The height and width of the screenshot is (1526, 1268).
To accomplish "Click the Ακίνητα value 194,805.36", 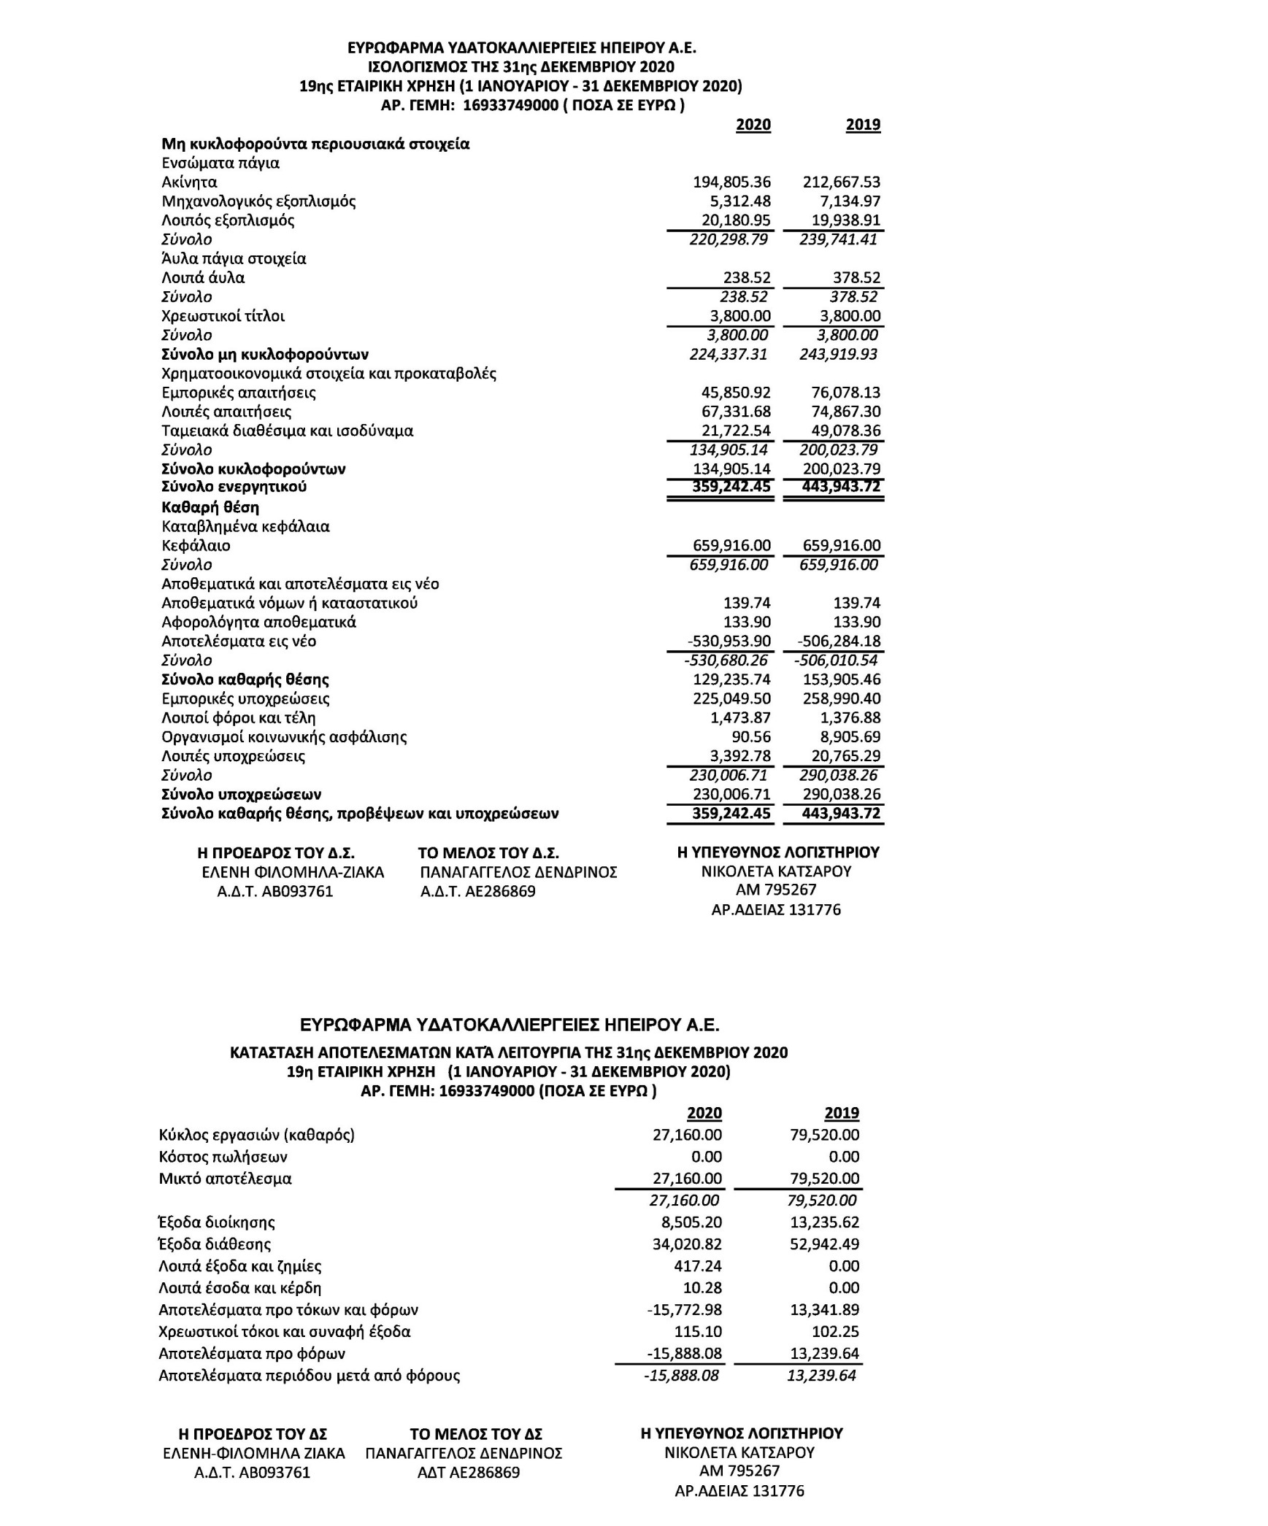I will (731, 182).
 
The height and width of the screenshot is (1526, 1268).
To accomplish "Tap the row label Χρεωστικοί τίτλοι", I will (223, 316).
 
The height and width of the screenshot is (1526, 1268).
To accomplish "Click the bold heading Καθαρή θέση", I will (210, 507).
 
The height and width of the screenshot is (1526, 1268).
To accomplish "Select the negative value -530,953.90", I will (729, 641).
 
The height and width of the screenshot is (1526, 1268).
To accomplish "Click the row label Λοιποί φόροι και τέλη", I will (238, 718).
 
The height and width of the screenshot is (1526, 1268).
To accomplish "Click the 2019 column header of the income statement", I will (841, 1113).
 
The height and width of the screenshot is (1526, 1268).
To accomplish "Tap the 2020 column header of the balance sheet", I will (753, 125).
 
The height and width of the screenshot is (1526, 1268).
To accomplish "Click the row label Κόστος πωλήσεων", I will (223, 1157).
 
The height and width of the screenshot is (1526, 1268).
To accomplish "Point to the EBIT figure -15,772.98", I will (683, 1309).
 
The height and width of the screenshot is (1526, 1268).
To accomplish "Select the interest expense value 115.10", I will (700, 1331).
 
